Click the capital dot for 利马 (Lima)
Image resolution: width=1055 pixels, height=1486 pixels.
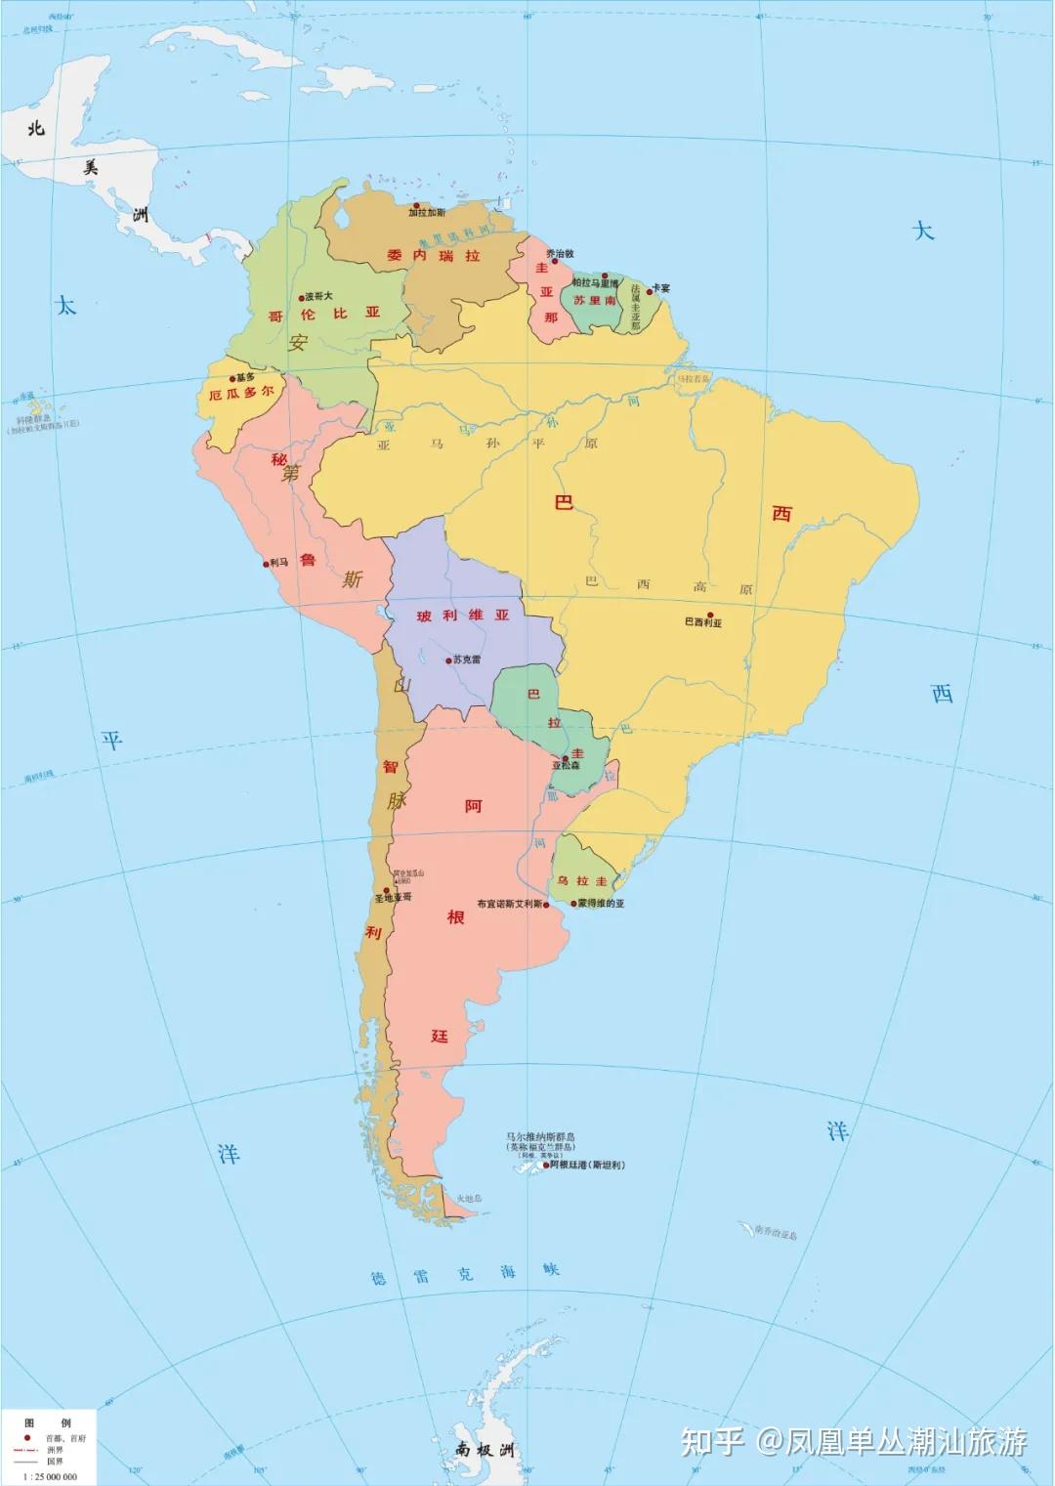[x=266, y=564]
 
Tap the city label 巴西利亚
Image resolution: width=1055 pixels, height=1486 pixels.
[x=702, y=622]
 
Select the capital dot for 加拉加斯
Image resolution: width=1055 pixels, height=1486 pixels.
[x=416, y=206]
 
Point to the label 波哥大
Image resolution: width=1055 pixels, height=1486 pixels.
[x=318, y=296]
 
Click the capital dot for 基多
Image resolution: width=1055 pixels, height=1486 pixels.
[x=232, y=378]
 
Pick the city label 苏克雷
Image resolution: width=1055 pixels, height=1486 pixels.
[x=467, y=659]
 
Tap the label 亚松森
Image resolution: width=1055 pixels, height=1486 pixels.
[x=566, y=766]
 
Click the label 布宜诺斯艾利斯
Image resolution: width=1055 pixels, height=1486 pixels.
[x=509, y=904]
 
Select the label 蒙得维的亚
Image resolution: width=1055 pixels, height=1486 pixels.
[x=601, y=904]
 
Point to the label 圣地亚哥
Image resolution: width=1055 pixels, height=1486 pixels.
[x=394, y=897]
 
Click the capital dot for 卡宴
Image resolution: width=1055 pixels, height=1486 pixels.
[x=650, y=290]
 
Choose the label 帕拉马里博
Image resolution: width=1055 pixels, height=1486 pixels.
[x=595, y=282]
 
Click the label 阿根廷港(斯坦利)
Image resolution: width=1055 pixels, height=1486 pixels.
[x=587, y=1165]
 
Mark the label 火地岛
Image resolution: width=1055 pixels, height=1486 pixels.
[x=470, y=1199]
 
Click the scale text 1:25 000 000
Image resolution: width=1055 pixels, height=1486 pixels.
[x=50, y=1476]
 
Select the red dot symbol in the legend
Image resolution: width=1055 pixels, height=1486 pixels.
[x=26, y=1438]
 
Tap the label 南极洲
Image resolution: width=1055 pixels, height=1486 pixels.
[x=484, y=1450]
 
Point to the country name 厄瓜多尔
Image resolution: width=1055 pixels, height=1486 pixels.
[x=241, y=394]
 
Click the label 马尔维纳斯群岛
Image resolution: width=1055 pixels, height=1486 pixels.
[x=540, y=1136]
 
